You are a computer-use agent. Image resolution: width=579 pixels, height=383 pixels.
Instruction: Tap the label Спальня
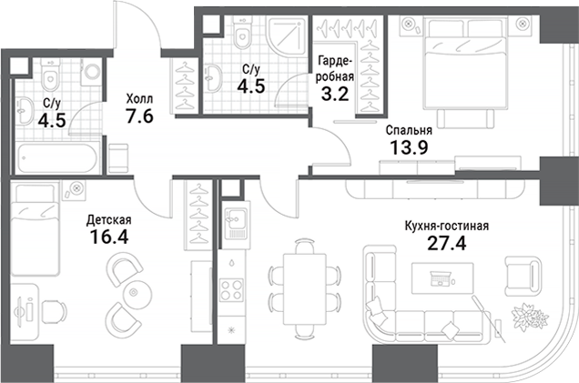click(401, 129)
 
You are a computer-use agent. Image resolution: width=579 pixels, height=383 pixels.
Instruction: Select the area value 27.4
click(445, 243)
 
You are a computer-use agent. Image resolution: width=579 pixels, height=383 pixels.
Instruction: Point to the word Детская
click(109, 220)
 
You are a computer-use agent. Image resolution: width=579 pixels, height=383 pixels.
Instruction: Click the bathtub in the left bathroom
click(59, 156)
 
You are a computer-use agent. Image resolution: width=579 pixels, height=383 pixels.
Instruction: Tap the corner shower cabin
click(290, 38)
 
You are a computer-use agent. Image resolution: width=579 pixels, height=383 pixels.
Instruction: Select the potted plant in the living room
click(527, 315)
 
